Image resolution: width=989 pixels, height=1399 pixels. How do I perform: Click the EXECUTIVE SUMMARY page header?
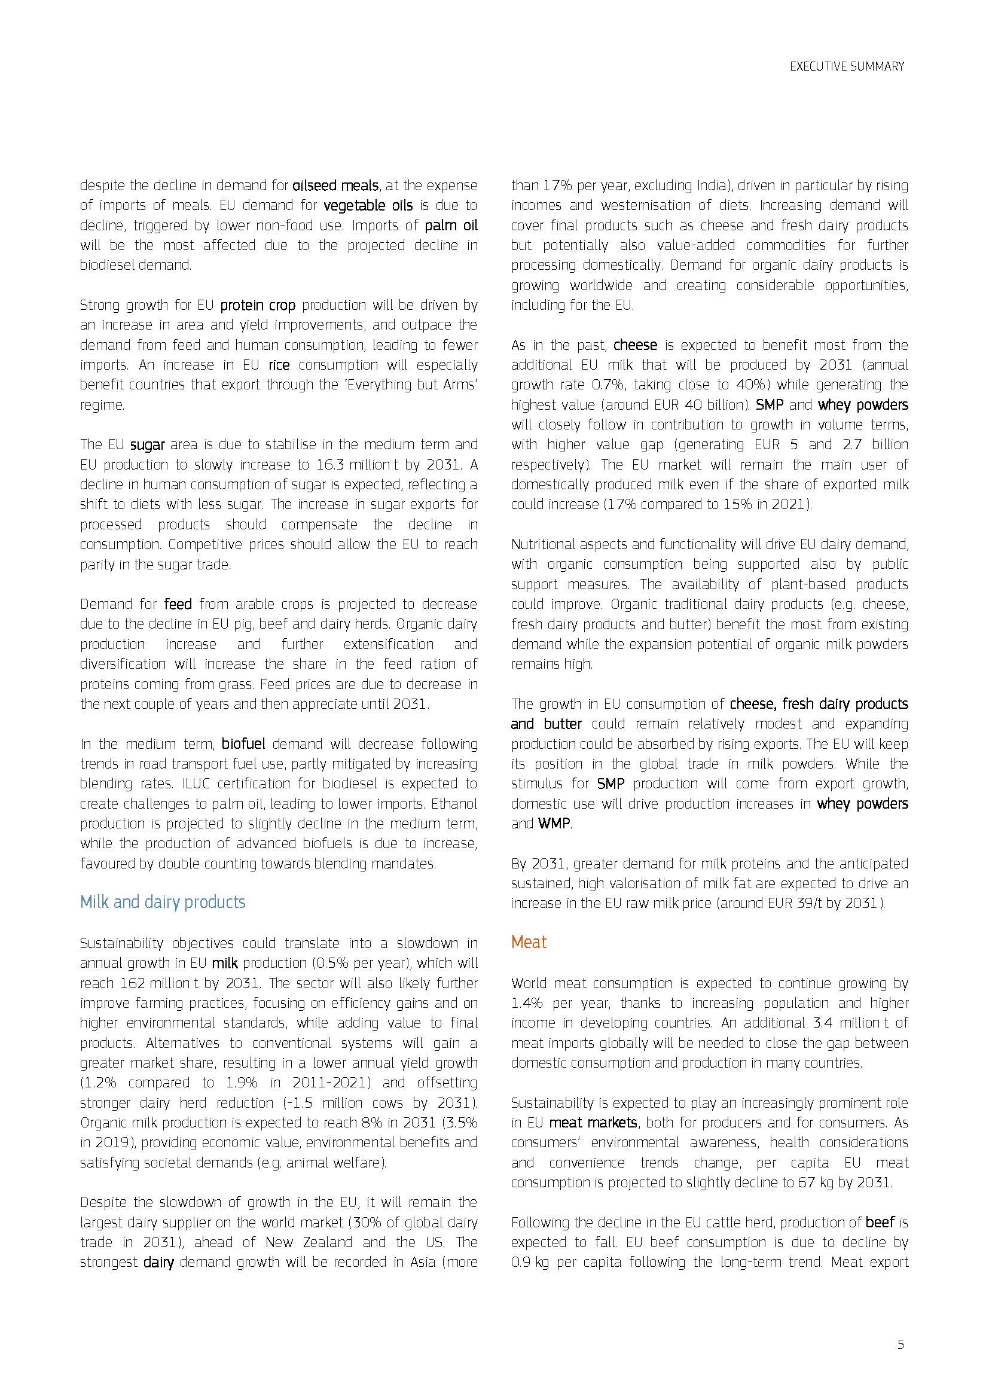pos(847,66)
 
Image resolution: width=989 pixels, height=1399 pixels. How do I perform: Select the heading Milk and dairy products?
pos(163,902)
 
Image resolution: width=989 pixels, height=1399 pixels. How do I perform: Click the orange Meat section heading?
pos(529,942)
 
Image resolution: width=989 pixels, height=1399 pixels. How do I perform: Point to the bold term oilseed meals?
pos(335,185)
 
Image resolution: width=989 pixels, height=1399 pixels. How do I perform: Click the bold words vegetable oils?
pos(368,205)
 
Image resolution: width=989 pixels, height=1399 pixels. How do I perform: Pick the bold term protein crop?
pos(258,305)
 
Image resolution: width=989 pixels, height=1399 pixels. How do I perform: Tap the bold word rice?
pos(279,365)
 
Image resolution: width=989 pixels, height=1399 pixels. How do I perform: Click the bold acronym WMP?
pos(554,824)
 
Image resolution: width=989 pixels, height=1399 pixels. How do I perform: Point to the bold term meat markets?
pos(593,1122)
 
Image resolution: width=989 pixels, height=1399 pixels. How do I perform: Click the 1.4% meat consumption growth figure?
pos(527,1004)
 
